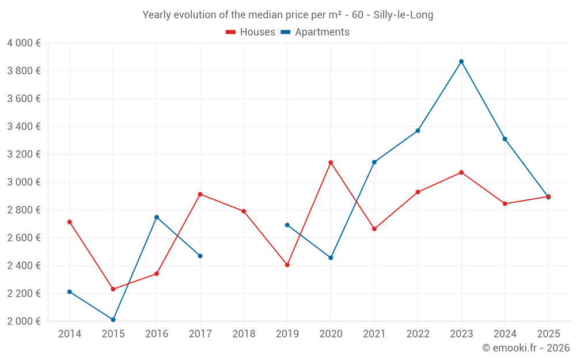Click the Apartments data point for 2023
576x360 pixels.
click(461, 62)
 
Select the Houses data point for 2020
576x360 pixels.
click(331, 162)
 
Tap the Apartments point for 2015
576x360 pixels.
click(113, 320)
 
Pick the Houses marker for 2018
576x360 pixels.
click(244, 211)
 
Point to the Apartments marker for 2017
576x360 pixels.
click(200, 256)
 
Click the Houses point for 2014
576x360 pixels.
click(70, 222)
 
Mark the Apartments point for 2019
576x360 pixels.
click(287, 225)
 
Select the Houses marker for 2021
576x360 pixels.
click(374, 229)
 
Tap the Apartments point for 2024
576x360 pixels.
click(505, 139)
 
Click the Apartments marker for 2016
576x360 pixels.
click(157, 217)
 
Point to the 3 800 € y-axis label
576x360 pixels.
click(24, 71)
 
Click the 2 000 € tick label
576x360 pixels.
click(24, 321)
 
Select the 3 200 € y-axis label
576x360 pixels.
click(24, 154)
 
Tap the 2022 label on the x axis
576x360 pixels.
click(418, 334)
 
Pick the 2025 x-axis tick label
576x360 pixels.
click(548, 334)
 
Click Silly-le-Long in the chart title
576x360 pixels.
click(403, 15)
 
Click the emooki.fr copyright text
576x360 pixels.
click(526, 348)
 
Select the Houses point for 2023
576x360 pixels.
click(461, 172)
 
